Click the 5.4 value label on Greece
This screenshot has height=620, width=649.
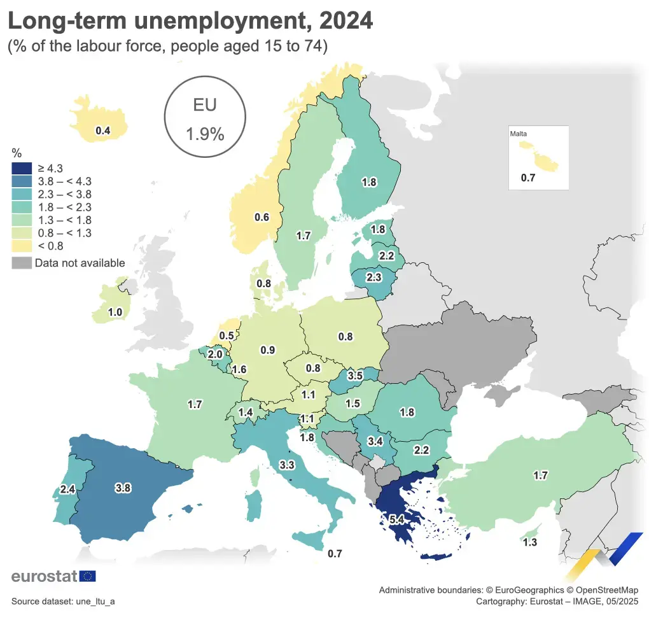pyautogui.click(x=397, y=519)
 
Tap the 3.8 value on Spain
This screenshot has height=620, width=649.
pyautogui.click(x=123, y=488)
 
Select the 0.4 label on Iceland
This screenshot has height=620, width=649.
pyautogui.click(x=102, y=130)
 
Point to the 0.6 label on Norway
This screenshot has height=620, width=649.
pyautogui.click(x=262, y=217)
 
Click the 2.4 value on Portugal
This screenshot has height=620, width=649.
pyautogui.click(x=68, y=490)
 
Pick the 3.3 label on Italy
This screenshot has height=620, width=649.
pyautogui.click(x=286, y=465)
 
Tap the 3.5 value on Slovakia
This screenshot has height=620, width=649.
pyautogui.click(x=354, y=376)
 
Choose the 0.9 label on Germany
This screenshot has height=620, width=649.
pyautogui.click(x=268, y=349)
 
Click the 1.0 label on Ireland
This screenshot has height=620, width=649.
pyautogui.click(x=115, y=313)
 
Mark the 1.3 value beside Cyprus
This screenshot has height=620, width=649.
pyautogui.click(x=529, y=542)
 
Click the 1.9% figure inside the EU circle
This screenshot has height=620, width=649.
pyautogui.click(x=205, y=134)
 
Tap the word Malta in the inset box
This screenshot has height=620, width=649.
pyautogui.click(x=519, y=134)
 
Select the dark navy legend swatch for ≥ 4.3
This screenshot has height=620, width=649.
pyautogui.click(x=22, y=168)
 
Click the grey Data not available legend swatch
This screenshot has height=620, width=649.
pyautogui.click(x=22, y=263)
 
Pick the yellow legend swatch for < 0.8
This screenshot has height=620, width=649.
pyautogui.click(x=22, y=246)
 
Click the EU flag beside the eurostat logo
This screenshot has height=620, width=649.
pyautogui.click(x=88, y=576)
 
